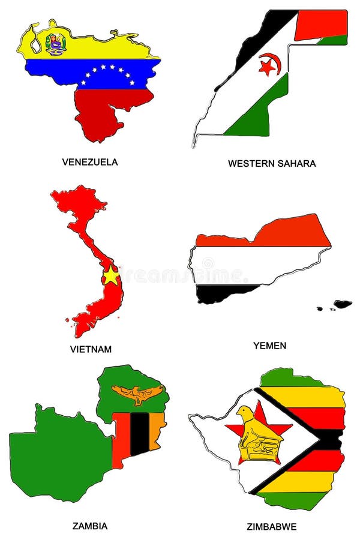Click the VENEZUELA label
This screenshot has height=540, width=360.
[x=89, y=161]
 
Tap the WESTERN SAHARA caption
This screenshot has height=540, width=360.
[x=271, y=163]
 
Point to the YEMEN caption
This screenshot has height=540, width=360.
[x=269, y=346]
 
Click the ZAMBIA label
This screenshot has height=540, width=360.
[x=89, y=526]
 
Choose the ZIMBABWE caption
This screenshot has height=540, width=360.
[x=271, y=527]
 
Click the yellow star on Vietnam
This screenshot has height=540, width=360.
[x=111, y=276]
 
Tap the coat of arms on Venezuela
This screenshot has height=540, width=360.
[x=56, y=43]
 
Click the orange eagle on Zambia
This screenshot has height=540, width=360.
[x=137, y=394]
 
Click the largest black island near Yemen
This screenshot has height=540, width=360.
[x=343, y=304]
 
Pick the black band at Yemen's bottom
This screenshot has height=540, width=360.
[x=222, y=293]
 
